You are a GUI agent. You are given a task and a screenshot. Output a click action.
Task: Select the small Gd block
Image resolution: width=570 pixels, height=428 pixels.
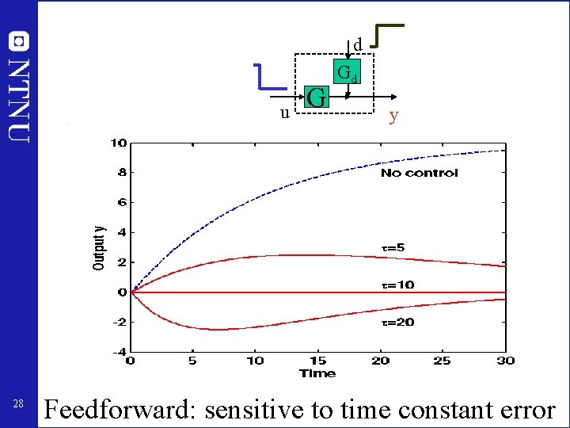(347, 73)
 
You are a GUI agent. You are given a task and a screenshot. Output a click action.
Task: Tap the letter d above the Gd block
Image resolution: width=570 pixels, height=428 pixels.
(357, 44)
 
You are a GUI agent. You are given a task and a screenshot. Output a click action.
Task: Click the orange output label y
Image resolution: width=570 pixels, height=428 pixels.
(393, 117)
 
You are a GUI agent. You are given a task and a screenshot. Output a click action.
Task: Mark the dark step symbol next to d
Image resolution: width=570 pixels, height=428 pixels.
(387, 35)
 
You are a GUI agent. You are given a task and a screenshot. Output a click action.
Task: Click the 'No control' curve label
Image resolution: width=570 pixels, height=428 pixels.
(419, 173)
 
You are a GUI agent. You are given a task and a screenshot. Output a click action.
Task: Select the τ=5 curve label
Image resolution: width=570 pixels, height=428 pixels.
(393, 247)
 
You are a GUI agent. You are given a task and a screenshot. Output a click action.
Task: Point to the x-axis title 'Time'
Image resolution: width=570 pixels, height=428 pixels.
(317, 373)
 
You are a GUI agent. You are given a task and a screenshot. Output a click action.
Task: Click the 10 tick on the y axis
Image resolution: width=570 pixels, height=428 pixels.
(118, 143)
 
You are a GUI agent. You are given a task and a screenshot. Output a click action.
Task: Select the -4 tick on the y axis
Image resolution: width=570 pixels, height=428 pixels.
(118, 352)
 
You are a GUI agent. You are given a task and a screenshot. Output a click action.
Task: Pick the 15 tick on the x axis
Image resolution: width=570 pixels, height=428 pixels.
(317, 361)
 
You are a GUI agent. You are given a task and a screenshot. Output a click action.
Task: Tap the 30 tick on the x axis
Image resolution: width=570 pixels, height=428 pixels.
(505, 361)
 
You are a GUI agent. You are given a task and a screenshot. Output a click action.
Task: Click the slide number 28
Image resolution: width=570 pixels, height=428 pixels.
(19, 405)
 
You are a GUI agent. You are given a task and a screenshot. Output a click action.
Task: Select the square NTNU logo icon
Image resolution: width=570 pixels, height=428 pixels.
(19, 40)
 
